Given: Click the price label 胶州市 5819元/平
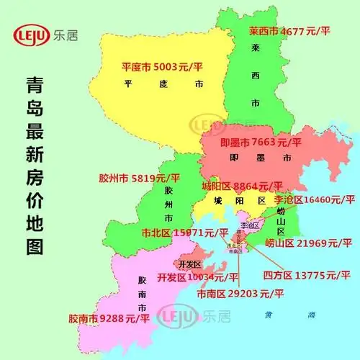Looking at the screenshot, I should point(139,176).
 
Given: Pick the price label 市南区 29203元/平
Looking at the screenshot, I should point(241,294).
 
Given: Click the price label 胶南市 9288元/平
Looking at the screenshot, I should point(109,317).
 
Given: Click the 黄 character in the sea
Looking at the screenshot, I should point(268,315).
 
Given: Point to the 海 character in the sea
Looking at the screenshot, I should point(312,315).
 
